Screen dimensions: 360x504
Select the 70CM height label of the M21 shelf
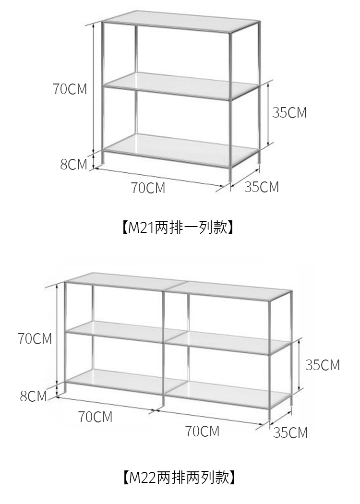pos(70,89)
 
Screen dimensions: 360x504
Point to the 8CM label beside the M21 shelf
pos(73,165)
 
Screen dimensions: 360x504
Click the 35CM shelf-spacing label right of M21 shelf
pos(289,113)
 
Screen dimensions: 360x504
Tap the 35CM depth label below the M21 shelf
pos(261,187)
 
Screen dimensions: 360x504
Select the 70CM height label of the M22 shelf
pos(35,339)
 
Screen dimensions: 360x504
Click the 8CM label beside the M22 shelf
pos(33,396)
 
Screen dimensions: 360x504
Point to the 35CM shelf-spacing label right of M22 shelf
pos(323,365)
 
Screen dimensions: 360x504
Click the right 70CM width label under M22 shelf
pos(202,432)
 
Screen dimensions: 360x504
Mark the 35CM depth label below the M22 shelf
pos(290,433)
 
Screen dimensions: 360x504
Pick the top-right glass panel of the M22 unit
pos(230,290)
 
